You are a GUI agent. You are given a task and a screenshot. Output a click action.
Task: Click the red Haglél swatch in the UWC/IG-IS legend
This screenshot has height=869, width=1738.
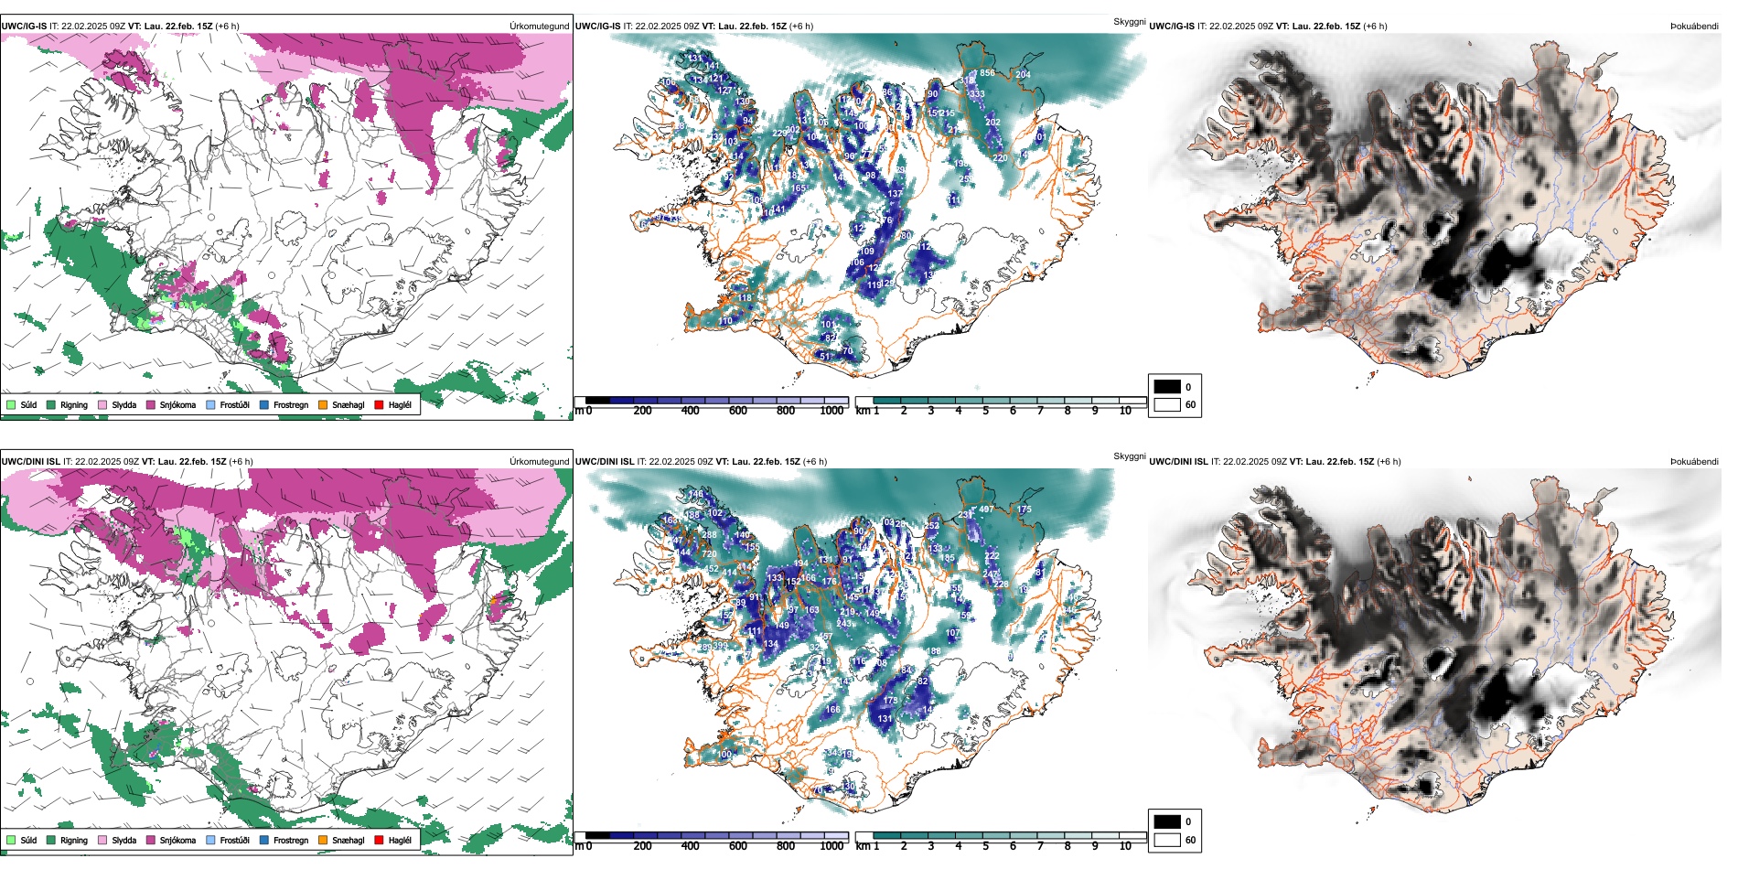pyautogui.click(x=379, y=404)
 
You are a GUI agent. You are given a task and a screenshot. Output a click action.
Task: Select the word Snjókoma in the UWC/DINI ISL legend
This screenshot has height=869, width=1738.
pyautogui.click(x=177, y=840)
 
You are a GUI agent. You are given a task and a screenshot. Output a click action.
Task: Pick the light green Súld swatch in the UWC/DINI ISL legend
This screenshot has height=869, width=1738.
pyautogui.click(x=11, y=840)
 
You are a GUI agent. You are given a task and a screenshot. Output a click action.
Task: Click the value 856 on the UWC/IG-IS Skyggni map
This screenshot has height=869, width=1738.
pyautogui.click(x=986, y=73)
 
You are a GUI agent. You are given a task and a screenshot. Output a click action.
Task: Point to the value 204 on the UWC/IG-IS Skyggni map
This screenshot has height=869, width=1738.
pyautogui.click(x=1023, y=75)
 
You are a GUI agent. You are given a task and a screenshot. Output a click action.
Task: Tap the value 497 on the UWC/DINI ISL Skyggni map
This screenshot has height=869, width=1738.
pyautogui.click(x=986, y=510)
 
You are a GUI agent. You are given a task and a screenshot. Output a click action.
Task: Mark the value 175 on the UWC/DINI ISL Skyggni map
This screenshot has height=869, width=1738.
pyautogui.click(x=1024, y=510)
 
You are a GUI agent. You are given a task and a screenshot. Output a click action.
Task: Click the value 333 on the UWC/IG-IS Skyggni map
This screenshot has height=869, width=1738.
pyautogui.click(x=977, y=93)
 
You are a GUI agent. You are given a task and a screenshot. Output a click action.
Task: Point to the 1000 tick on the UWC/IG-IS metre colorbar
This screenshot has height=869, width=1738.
pyautogui.click(x=831, y=411)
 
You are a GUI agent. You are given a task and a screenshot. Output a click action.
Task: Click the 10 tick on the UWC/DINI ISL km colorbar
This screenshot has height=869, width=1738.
pyautogui.click(x=1125, y=846)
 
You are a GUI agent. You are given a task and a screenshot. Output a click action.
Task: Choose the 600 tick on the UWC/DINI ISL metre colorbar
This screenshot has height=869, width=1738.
pyautogui.click(x=737, y=846)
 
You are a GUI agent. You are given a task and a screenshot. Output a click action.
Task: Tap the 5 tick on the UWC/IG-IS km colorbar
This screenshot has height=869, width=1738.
pyautogui.click(x=985, y=411)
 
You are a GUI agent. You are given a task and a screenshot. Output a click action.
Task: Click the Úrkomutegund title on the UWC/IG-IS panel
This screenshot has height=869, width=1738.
pyautogui.click(x=539, y=27)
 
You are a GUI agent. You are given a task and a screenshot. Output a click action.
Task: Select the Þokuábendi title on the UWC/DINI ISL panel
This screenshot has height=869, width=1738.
pyautogui.click(x=1694, y=462)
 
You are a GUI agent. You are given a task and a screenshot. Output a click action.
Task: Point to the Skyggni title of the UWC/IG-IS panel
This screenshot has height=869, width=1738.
pyautogui.click(x=1129, y=21)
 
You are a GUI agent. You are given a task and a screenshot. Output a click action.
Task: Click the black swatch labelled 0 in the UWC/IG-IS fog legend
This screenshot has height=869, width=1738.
pyautogui.click(x=1167, y=387)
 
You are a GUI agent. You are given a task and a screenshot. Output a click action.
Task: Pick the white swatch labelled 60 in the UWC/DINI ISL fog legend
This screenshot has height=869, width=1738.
pyautogui.click(x=1167, y=840)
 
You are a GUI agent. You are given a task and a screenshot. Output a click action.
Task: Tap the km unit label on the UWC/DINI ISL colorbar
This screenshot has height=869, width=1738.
pyautogui.click(x=863, y=846)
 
